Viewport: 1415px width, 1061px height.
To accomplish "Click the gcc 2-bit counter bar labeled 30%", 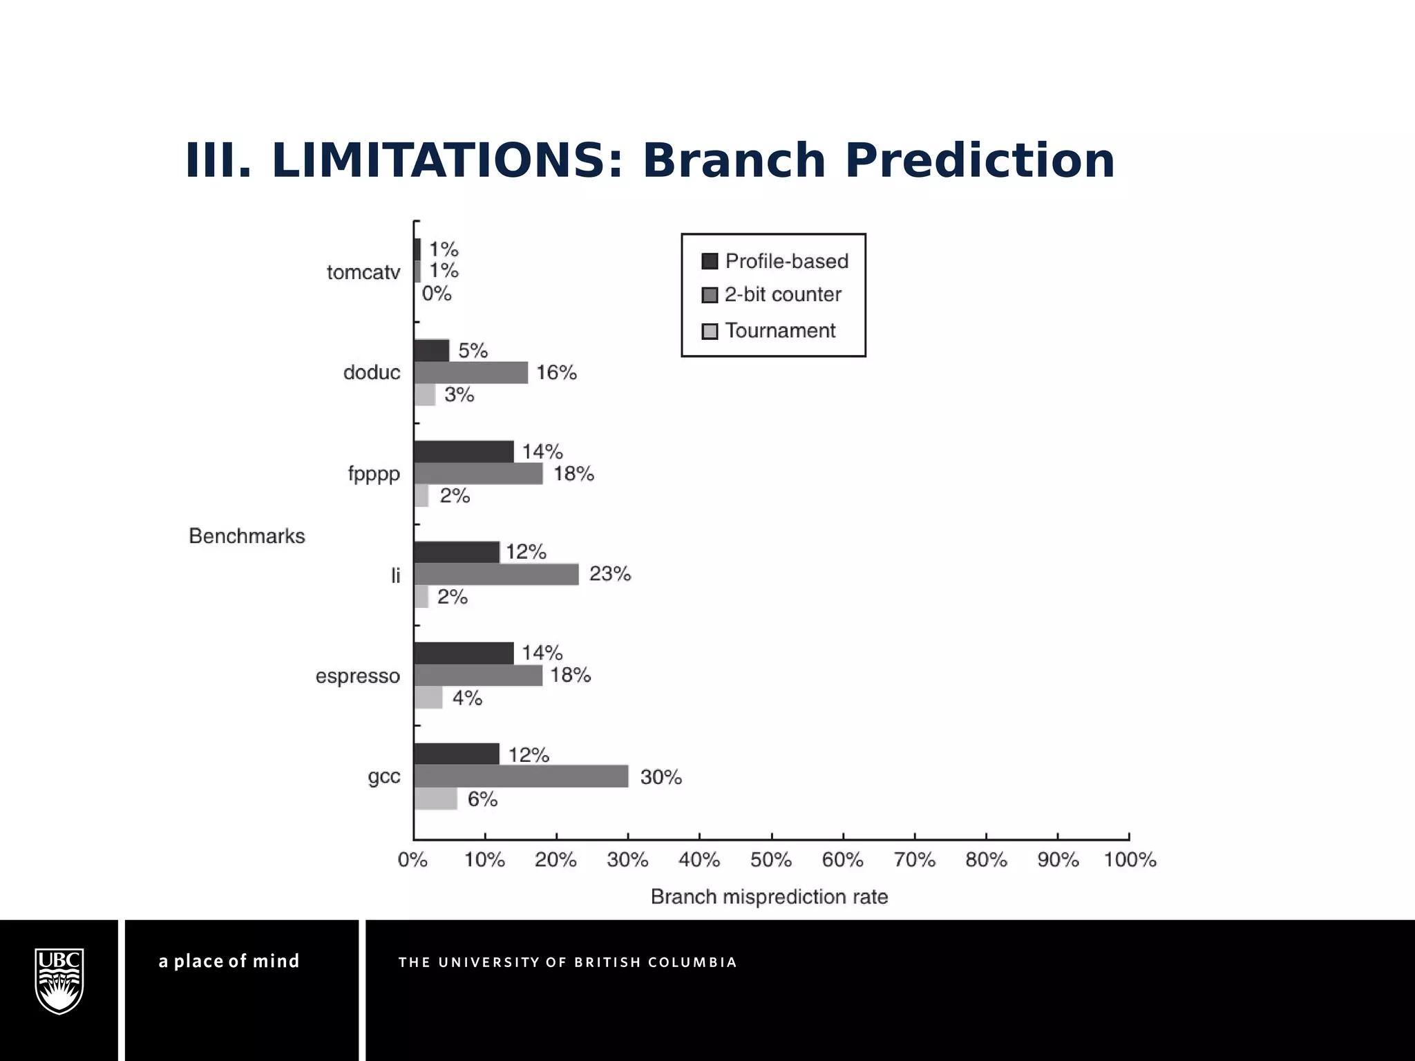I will (521, 776).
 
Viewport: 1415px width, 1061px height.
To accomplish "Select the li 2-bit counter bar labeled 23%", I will (496, 574).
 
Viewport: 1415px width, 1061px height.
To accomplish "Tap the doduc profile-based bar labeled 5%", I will (432, 350).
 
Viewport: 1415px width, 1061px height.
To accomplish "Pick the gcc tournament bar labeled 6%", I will (435, 799).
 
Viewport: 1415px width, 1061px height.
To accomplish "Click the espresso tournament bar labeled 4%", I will (428, 698).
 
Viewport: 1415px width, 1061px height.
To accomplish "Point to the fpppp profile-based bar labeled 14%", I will (464, 452).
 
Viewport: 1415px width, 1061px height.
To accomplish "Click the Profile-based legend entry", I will (775, 261).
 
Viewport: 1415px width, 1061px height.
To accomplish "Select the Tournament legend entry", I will (768, 331).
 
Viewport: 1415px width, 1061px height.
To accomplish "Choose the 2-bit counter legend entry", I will (772, 295).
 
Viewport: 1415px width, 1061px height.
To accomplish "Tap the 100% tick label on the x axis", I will (1130, 860).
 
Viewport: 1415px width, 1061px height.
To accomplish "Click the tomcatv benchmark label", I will (363, 273).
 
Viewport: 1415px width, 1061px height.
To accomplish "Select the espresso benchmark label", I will (358, 676).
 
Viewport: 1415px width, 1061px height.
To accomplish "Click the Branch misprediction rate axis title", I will (769, 897).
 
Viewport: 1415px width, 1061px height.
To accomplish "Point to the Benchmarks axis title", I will (247, 536).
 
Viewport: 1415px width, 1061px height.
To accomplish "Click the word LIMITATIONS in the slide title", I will (439, 161).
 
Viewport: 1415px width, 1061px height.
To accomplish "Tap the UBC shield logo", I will (59, 981).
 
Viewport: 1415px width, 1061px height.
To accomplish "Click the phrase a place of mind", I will (229, 961).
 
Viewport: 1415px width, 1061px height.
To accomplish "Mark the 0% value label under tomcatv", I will (437, 294).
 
